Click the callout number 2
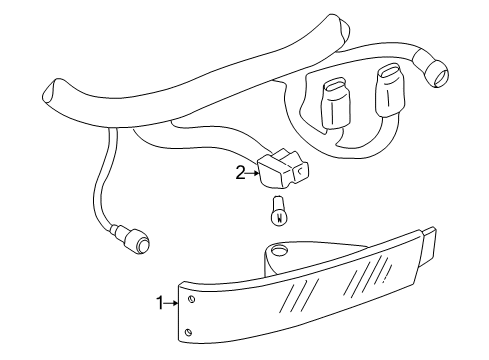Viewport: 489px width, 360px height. click(240, 173)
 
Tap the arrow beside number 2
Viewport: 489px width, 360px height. click(252, 173)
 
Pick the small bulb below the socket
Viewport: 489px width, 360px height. click(280, 213)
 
